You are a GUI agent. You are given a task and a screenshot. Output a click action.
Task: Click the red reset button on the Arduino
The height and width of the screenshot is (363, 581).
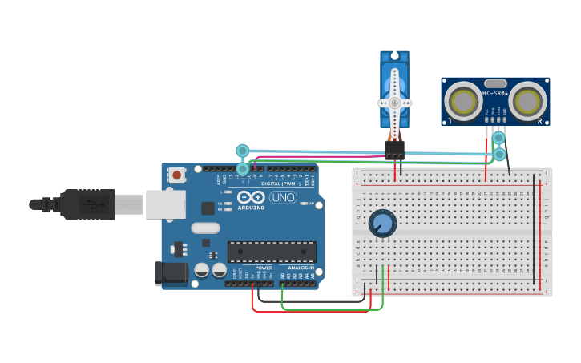[x=176, y=174]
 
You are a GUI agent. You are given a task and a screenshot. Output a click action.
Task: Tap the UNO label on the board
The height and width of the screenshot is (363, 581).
[x=282, y=197]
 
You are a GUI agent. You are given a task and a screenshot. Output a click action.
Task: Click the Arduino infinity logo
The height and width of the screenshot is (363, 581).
[x=251, y=197]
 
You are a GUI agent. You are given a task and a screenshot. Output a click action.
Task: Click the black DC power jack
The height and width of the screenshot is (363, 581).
[x=171, y=272]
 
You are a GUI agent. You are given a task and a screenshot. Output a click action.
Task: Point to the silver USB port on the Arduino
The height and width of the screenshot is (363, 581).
[x=165, y=204]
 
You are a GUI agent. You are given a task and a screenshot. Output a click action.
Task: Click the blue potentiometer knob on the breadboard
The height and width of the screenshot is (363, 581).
[x=382, y=224]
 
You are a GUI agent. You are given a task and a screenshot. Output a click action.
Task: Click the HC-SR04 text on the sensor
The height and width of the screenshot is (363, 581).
[x=494, y=93]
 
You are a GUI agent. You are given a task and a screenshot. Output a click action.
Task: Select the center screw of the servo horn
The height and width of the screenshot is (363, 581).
[x=394, y=103]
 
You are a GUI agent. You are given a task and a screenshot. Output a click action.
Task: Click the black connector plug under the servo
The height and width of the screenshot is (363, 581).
[x=394, y=149]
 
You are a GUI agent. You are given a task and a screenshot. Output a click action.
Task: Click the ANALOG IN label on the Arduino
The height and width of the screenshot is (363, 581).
[x=301, y=268]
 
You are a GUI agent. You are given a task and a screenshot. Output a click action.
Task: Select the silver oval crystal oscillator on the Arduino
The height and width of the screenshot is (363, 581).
[x=205, y=228]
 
